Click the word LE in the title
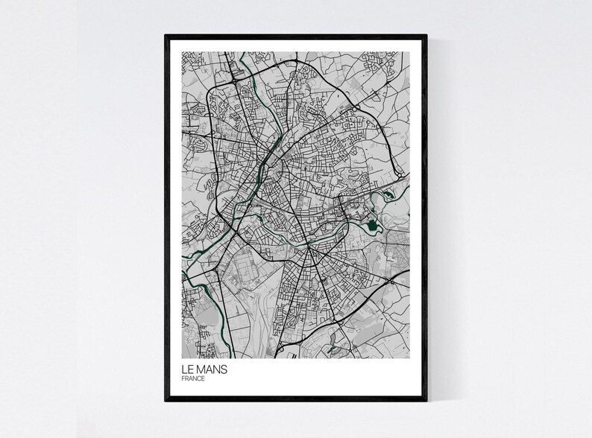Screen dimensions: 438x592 coord(187,369)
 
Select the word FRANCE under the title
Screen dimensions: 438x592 coord(193,378)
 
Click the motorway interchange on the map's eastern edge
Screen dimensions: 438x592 coord(391,282)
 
